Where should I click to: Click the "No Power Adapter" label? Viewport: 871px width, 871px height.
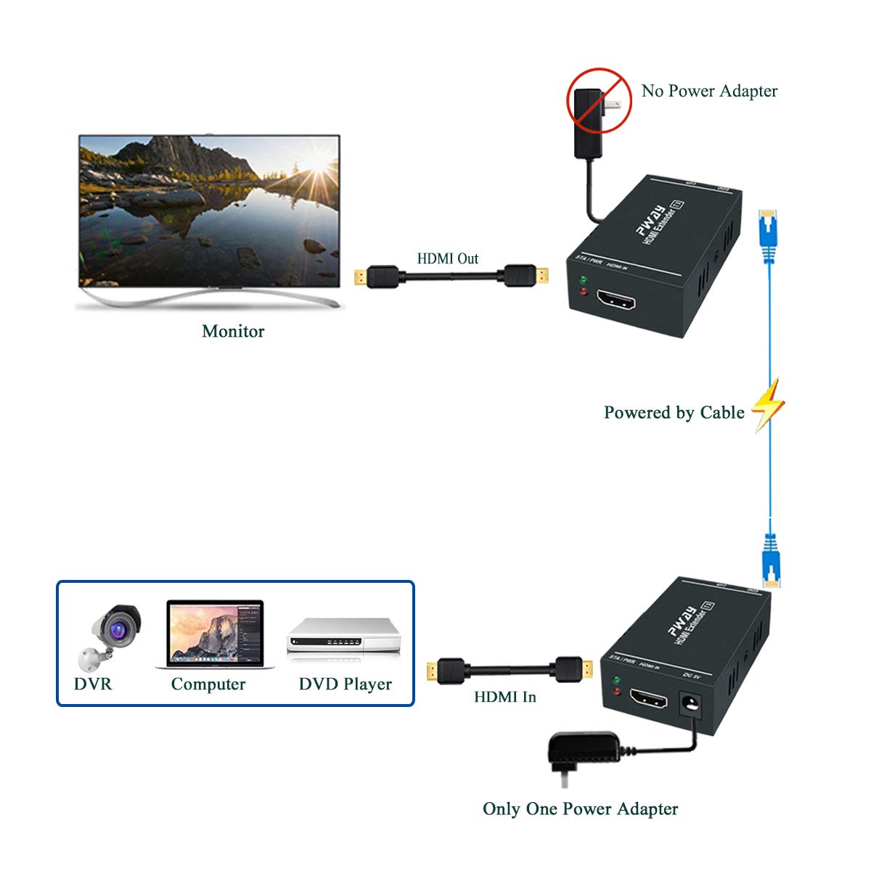point(709,91)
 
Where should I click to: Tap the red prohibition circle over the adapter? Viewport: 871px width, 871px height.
point(599,102)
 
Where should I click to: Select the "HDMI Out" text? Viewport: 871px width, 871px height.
point(448,258)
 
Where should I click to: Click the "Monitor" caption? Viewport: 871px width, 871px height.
point(233,331)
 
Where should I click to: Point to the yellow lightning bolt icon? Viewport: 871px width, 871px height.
point(769,404)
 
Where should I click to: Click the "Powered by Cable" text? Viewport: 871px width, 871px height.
point(674,412)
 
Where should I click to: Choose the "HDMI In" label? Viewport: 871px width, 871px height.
point(505,697)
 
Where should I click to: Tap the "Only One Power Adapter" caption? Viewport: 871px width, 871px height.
point(581,809)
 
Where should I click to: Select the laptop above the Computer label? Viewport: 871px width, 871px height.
point(216,634)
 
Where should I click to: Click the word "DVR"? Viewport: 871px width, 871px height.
point(93,684)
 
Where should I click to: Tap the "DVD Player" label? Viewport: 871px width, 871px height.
point(345,684)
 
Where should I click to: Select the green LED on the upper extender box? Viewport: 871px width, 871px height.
point(583,279)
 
